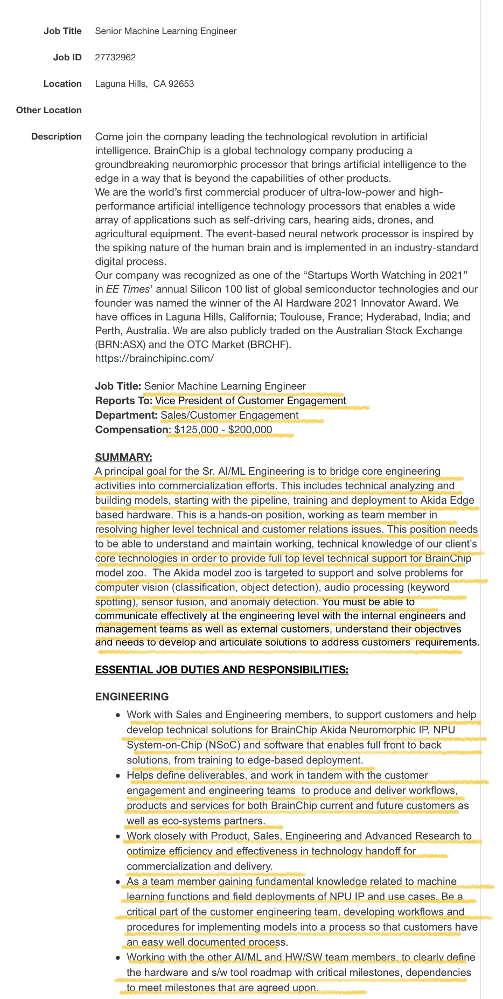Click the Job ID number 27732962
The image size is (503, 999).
coord(115,57)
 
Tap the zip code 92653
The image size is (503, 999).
coord(181,84)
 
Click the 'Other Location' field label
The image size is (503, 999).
coord(49,110)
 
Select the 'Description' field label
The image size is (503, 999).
coord(57,136)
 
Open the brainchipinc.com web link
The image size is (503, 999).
coord(155,358)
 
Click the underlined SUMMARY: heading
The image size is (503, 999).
coord(123,457)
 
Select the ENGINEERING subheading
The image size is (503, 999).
coord(132,697)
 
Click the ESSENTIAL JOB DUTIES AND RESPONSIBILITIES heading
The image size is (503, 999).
coord(221,670)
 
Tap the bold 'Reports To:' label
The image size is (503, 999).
coord(124,400)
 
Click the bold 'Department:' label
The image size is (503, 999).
coord(127,415)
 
